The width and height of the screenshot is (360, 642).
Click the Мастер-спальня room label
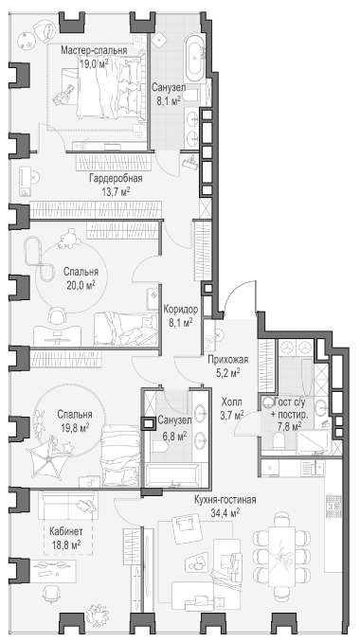94,50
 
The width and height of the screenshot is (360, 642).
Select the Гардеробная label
116,179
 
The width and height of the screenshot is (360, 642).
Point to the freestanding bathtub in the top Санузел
195,60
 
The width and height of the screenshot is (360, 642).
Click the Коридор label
181,309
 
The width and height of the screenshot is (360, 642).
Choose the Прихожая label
228,360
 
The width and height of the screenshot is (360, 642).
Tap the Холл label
232,401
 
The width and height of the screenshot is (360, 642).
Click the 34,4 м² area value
225,512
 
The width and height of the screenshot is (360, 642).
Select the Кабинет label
66,532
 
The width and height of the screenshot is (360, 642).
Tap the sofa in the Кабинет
68,506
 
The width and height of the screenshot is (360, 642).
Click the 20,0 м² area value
80,285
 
